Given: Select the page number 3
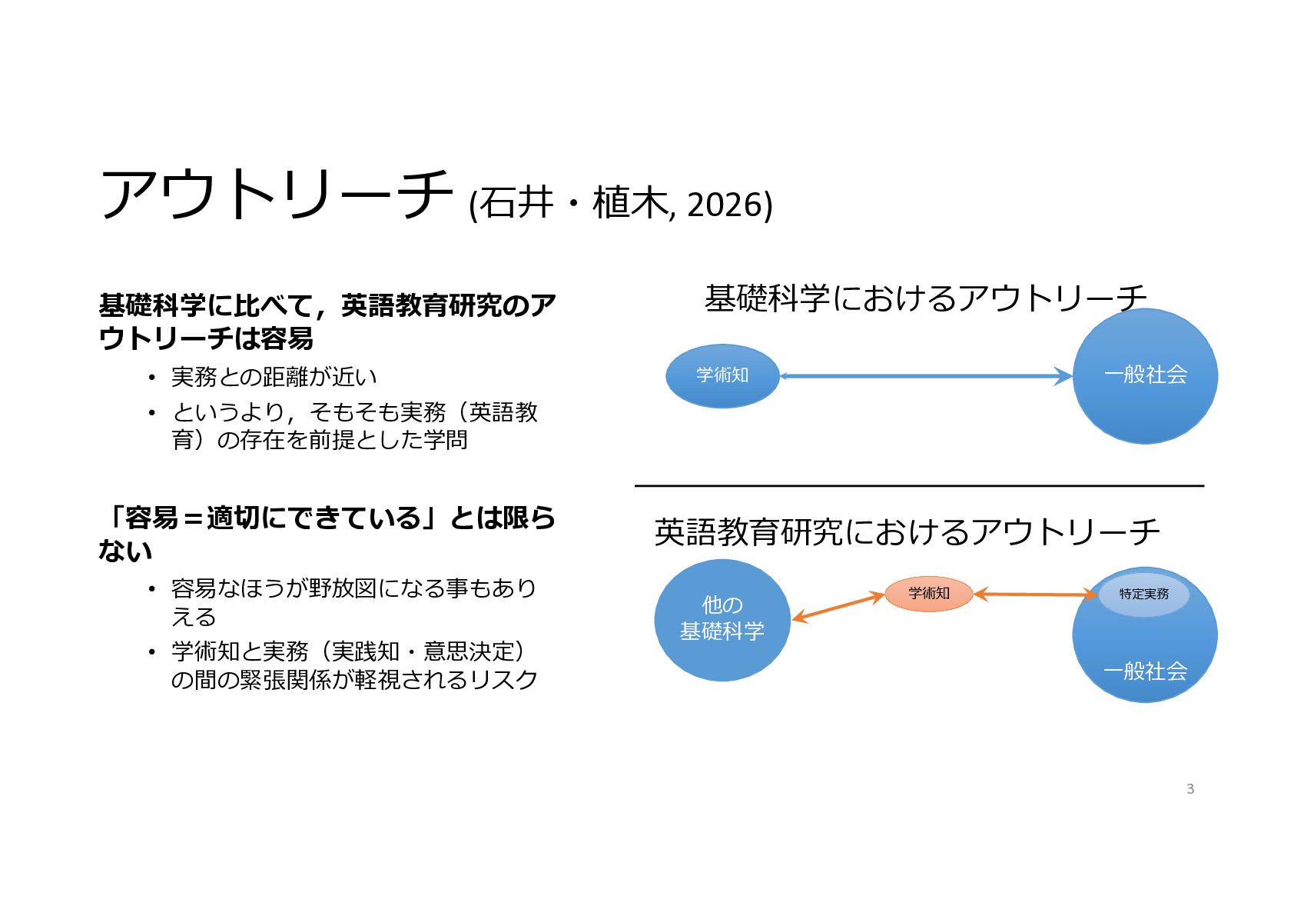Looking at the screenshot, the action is click(1189, 789).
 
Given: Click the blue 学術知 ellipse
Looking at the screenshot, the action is click(722, 375).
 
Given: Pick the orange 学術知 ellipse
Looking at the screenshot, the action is click(928, 594).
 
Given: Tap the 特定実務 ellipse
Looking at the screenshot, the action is click(1143, 594).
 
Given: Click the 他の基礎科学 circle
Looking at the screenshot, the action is click(722, 619).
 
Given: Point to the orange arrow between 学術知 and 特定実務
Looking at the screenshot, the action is click(1035, 594).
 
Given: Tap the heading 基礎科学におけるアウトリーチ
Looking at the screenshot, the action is click(925, 298).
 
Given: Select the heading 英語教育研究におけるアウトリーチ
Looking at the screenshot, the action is click(907, 532).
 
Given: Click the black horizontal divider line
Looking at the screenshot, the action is click(918, 486).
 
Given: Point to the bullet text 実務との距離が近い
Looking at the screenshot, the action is click(274, 377).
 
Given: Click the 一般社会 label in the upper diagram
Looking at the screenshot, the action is click(1145, 375).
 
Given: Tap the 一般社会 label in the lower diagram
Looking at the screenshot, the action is click(1145, 671).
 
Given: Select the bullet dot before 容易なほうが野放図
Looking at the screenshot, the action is click(151, 589).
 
